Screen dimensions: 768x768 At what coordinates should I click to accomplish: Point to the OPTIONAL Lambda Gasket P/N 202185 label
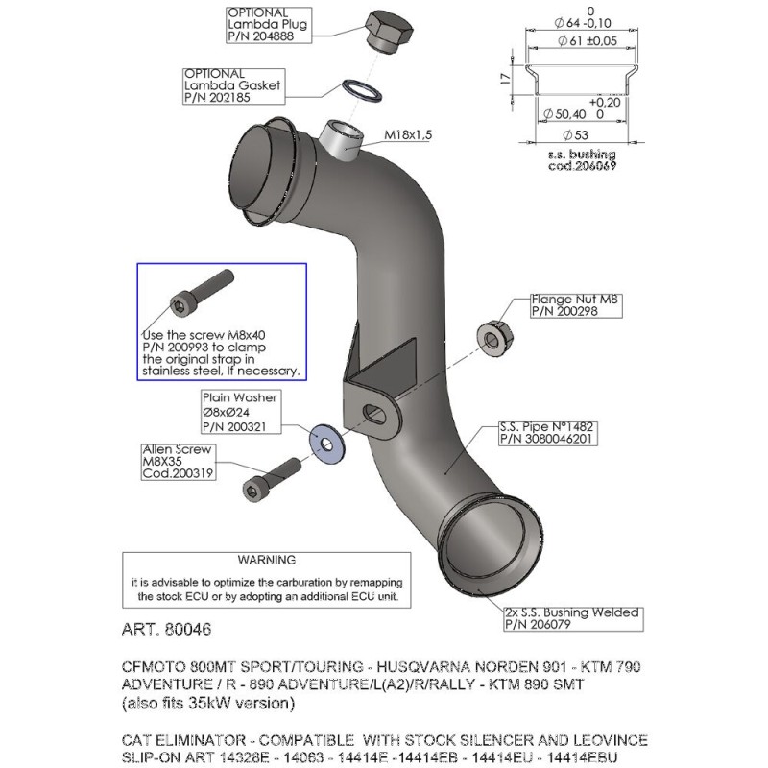tap(225, 84)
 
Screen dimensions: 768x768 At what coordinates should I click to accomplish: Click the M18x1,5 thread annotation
tap(408, 135)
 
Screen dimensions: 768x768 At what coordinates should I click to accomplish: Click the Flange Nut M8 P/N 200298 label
tap(577, 305)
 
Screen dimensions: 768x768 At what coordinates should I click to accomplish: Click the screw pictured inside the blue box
tap(201, 292)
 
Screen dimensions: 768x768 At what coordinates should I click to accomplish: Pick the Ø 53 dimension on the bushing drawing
tap(575, 134)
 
